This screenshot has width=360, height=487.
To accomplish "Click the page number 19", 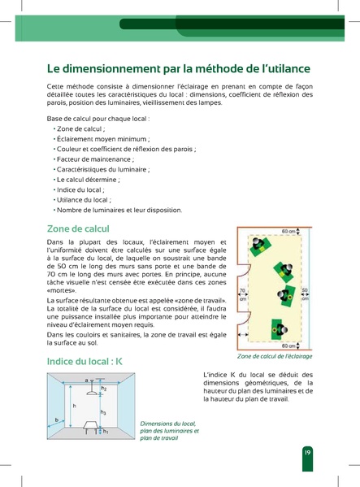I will [x=307, y=453].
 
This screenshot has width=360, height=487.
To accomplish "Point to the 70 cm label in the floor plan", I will [x=241, y=294].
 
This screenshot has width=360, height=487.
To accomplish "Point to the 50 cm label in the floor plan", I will [x=305, y=294].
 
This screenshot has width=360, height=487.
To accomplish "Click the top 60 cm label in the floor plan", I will [x=288, y=232].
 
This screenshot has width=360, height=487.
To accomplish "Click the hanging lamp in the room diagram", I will [x=85, y=389].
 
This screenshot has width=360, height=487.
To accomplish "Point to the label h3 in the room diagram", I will [x=103, y=412].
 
